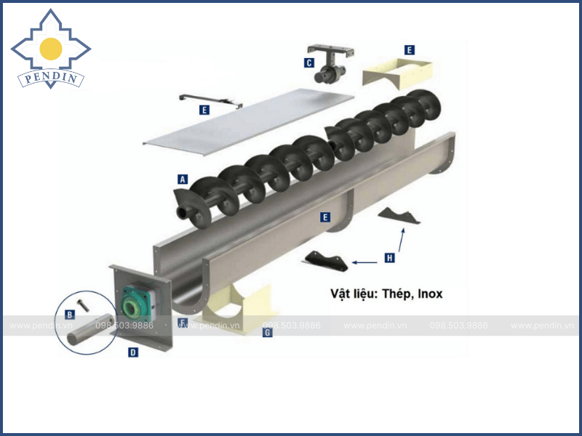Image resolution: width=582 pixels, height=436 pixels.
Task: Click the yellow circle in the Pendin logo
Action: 51,49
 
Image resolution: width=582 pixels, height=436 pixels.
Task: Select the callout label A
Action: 183,179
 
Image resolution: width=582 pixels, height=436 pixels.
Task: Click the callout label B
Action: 70,315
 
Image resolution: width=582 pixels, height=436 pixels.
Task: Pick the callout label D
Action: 133,352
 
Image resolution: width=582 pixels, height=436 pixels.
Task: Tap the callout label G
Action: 267,332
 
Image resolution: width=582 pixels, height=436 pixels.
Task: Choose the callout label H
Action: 391,257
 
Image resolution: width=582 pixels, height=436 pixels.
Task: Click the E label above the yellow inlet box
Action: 410,50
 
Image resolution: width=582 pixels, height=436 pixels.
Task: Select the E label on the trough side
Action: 325,217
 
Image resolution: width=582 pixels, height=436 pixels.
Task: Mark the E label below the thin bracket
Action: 204,110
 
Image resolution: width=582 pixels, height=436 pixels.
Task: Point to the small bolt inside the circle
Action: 84,307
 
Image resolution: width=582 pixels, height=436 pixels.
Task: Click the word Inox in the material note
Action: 428,294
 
